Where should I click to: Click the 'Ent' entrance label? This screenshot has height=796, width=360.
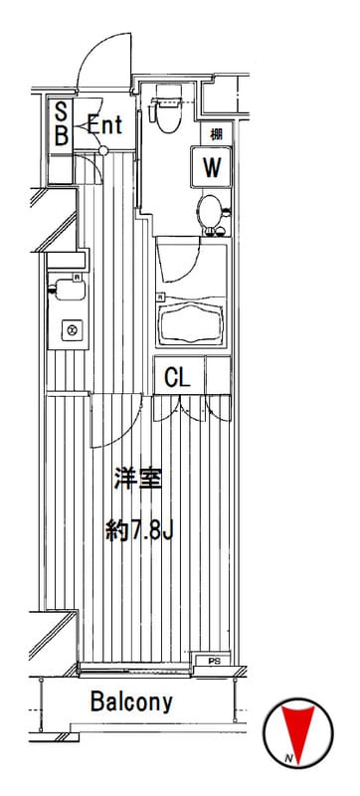point(104,125)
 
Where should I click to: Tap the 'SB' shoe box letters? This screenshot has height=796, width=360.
point(61,124)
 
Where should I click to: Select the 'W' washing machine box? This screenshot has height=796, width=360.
point(211,167)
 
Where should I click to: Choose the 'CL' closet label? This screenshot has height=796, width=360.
point(177,377)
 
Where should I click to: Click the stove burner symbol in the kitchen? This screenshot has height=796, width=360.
point(71,327)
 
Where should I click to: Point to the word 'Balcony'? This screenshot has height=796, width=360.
point(131,701)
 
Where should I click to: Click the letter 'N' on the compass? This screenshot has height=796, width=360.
point(287,761)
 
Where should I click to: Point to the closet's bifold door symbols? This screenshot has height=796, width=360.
point(193,410)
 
